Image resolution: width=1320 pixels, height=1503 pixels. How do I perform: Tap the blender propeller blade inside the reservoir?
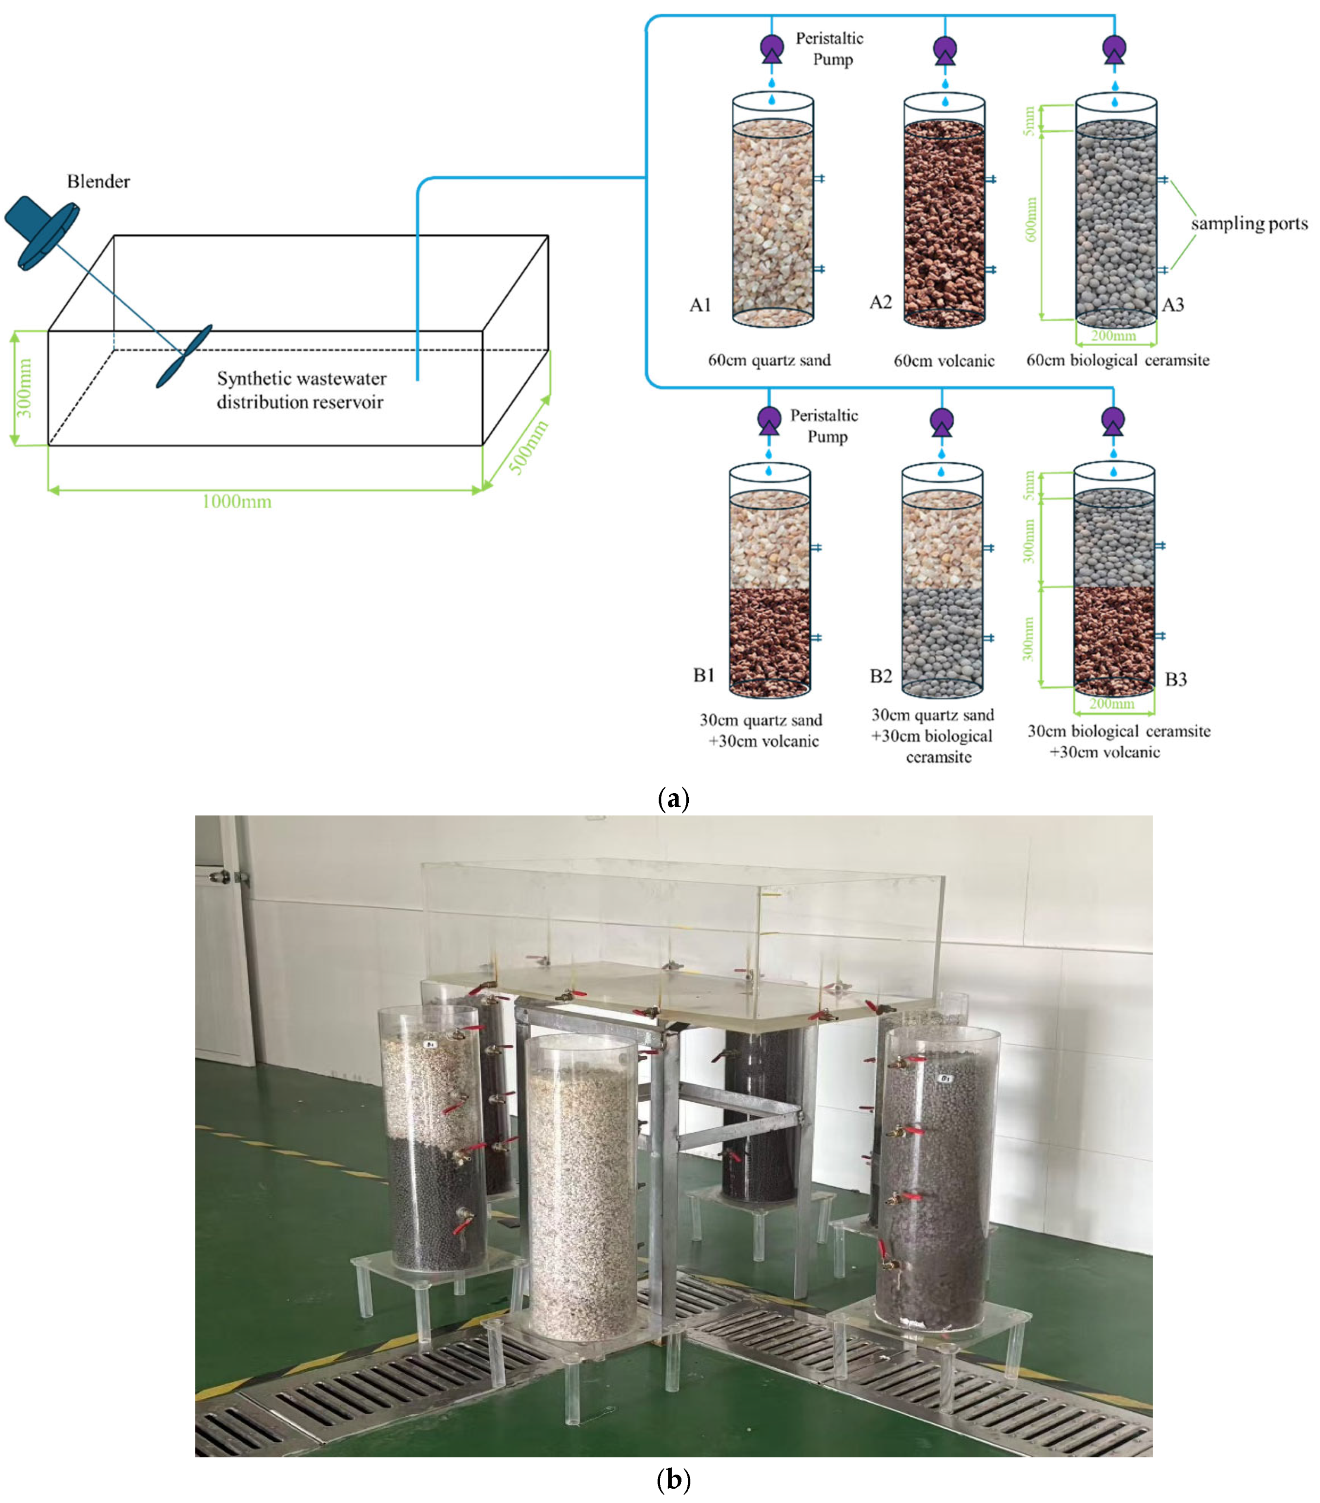point(184,356)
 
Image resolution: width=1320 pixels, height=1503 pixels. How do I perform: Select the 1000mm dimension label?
point(236,502)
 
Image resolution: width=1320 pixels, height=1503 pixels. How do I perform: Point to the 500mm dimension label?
point(529,447)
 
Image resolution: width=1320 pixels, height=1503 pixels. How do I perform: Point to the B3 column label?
point(1176,679)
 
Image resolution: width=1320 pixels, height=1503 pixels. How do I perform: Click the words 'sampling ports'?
point(1249,223)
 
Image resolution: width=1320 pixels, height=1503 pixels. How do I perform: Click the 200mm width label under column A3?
point(1113,336)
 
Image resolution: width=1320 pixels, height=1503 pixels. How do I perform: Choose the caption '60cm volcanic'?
point(944,361)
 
